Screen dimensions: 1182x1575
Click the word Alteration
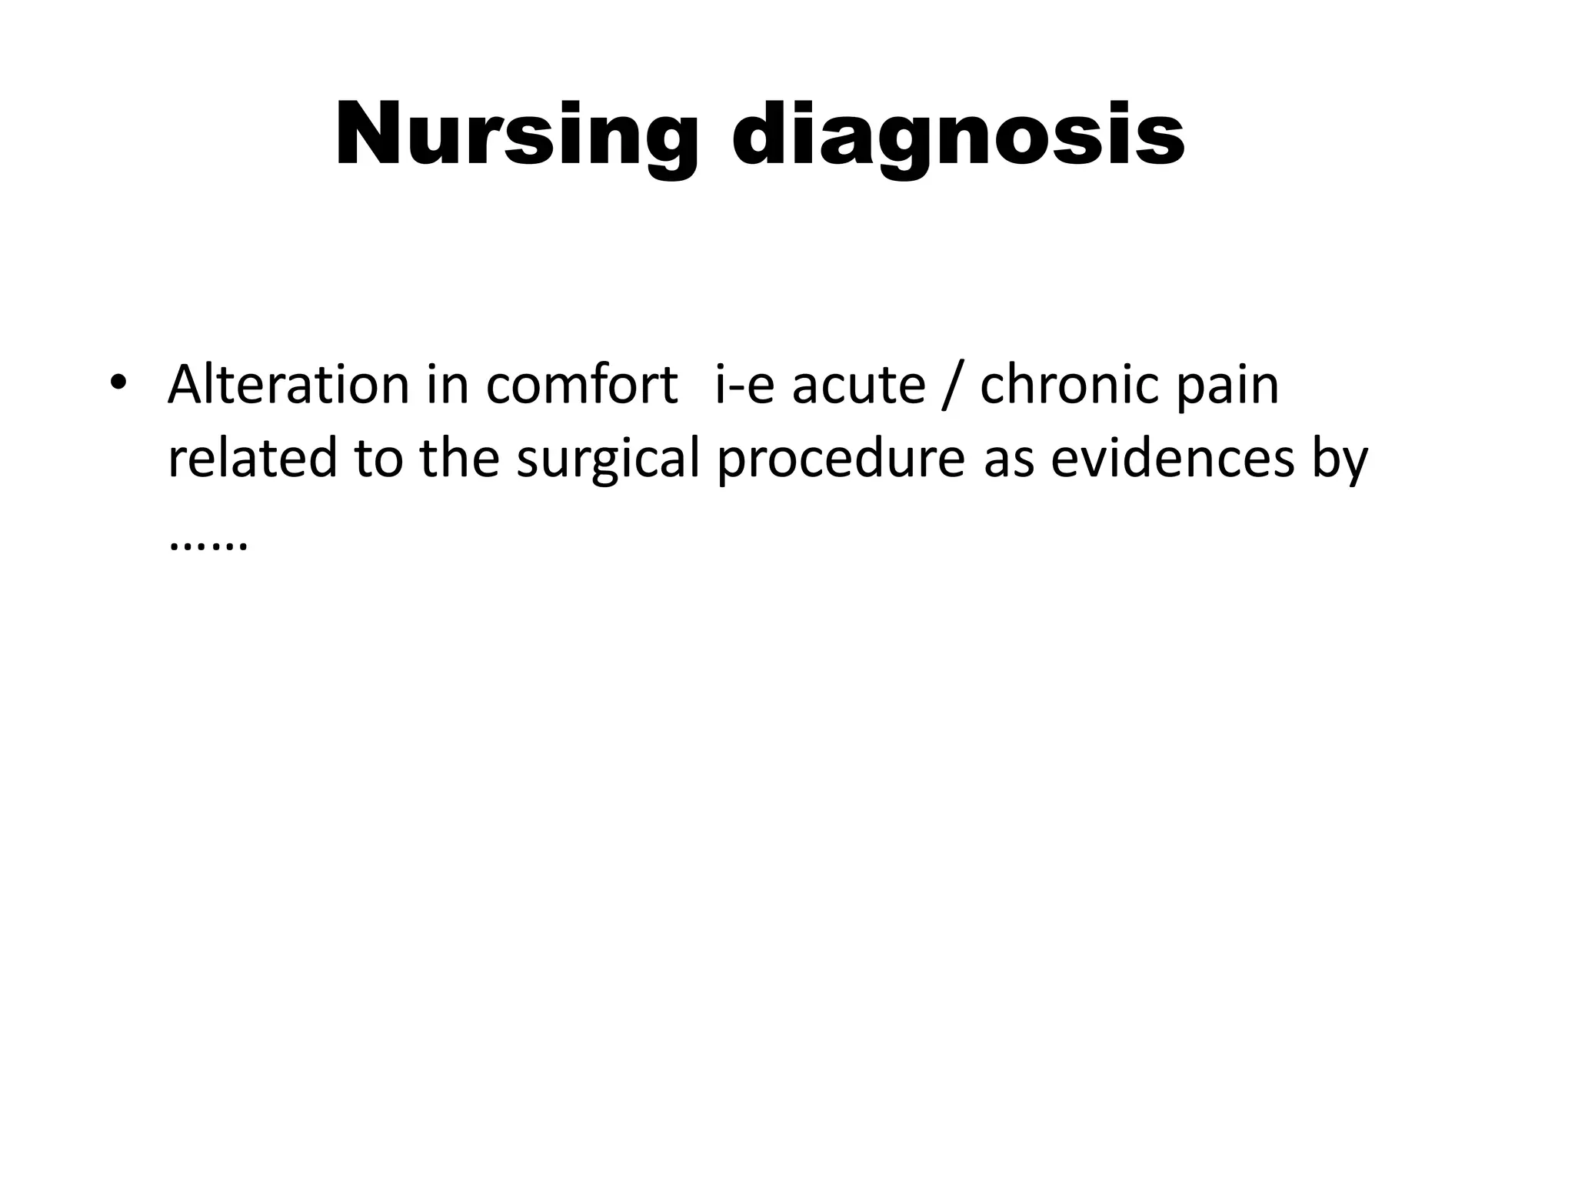[288, 384]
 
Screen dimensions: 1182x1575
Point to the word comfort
[581, 384]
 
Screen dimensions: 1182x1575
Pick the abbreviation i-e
[744, 384]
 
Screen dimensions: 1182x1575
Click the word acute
[858, 384]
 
